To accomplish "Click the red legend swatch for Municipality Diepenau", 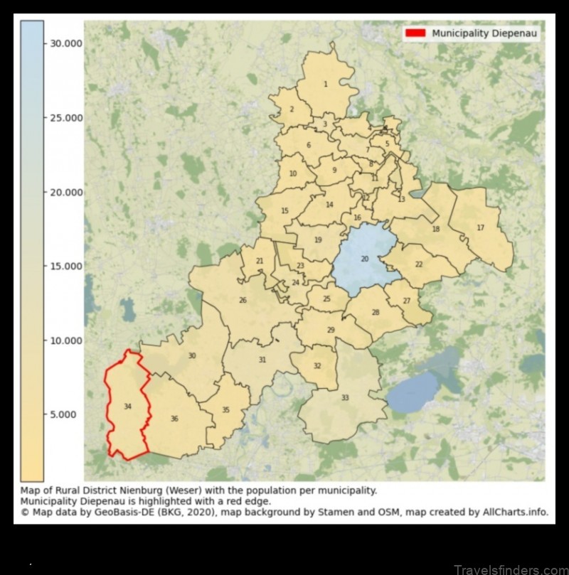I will [415, 33].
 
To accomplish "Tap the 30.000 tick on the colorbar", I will [65, 43].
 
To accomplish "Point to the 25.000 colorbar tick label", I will [65, 117].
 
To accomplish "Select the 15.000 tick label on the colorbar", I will [65, 266].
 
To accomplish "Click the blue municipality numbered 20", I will [365, 259].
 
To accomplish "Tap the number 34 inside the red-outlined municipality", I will [127, 407].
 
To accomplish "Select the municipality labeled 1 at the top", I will [326, 84].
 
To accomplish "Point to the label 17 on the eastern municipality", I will [480, 227].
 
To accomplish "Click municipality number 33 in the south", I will [345, 398].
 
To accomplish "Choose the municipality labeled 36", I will [174, 419].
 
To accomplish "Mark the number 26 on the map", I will [243, 300].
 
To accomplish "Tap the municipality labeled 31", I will [262, 360].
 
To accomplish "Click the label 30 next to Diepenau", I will [192, 355].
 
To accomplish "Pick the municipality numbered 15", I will [284, 210].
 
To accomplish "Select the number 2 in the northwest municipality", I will [292, 109].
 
